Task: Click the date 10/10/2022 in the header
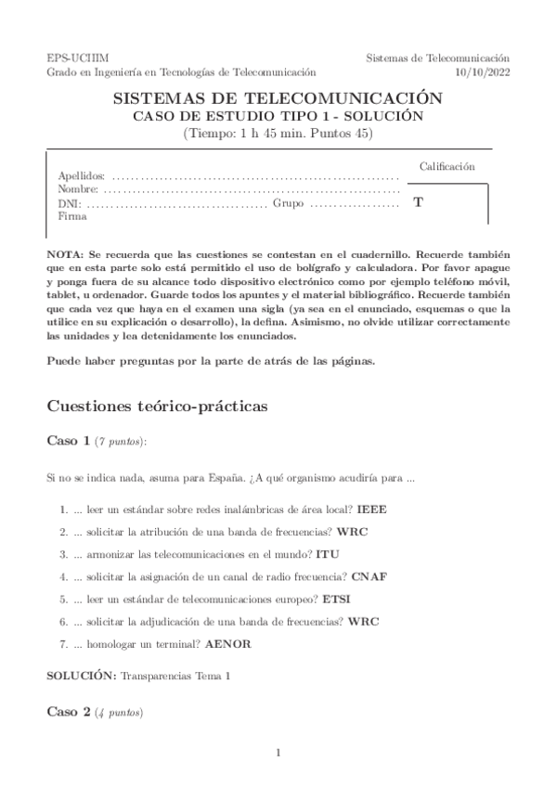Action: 483,71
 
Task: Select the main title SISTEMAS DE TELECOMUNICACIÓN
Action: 278,97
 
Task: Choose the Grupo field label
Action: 289,202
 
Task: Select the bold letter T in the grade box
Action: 418,201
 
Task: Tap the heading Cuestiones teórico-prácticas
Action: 148,406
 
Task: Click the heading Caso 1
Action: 68,442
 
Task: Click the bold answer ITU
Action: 328,554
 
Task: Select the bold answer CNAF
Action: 369,576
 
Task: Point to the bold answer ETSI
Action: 335,599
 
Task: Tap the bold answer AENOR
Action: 229,643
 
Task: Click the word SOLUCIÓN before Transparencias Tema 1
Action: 81,677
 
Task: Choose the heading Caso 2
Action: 68,712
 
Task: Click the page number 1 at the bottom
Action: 278,753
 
